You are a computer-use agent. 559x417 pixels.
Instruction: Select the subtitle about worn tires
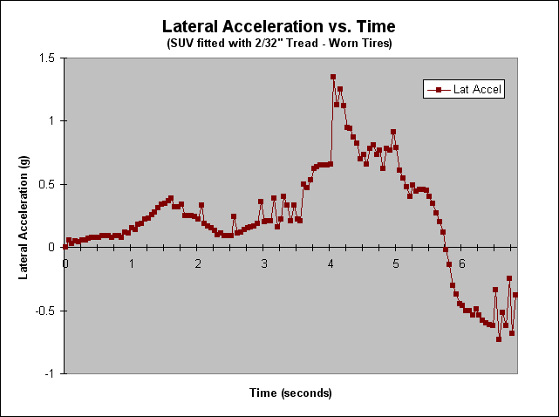279,43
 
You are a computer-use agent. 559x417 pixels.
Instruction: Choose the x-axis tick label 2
198,263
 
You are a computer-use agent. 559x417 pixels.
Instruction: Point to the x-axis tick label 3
264,263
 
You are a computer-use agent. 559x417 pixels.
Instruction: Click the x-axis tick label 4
331,263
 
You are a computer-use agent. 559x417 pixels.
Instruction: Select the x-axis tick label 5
397,263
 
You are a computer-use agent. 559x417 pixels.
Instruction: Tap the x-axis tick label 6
463,263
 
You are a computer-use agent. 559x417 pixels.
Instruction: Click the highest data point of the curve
333,77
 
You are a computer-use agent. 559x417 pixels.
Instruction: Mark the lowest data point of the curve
499,338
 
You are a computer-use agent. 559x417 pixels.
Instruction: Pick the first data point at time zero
65,247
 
